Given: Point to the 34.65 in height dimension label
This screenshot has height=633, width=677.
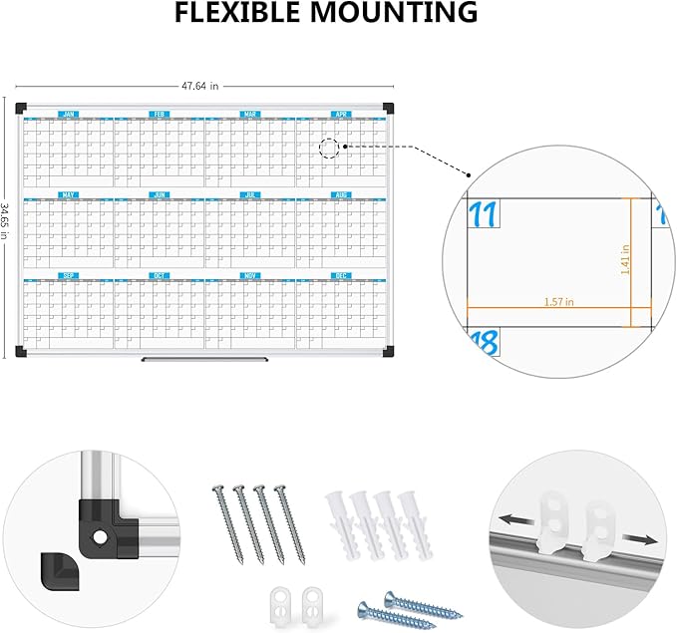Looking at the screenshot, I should tap(6, 227).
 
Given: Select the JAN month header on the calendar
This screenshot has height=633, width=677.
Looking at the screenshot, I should tap(68, 115).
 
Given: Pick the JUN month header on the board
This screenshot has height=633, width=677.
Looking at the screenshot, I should tap(160, 195).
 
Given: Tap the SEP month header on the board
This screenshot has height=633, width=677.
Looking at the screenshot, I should tap(68, 275).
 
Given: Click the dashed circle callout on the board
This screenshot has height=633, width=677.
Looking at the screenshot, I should tap(329, 151).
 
